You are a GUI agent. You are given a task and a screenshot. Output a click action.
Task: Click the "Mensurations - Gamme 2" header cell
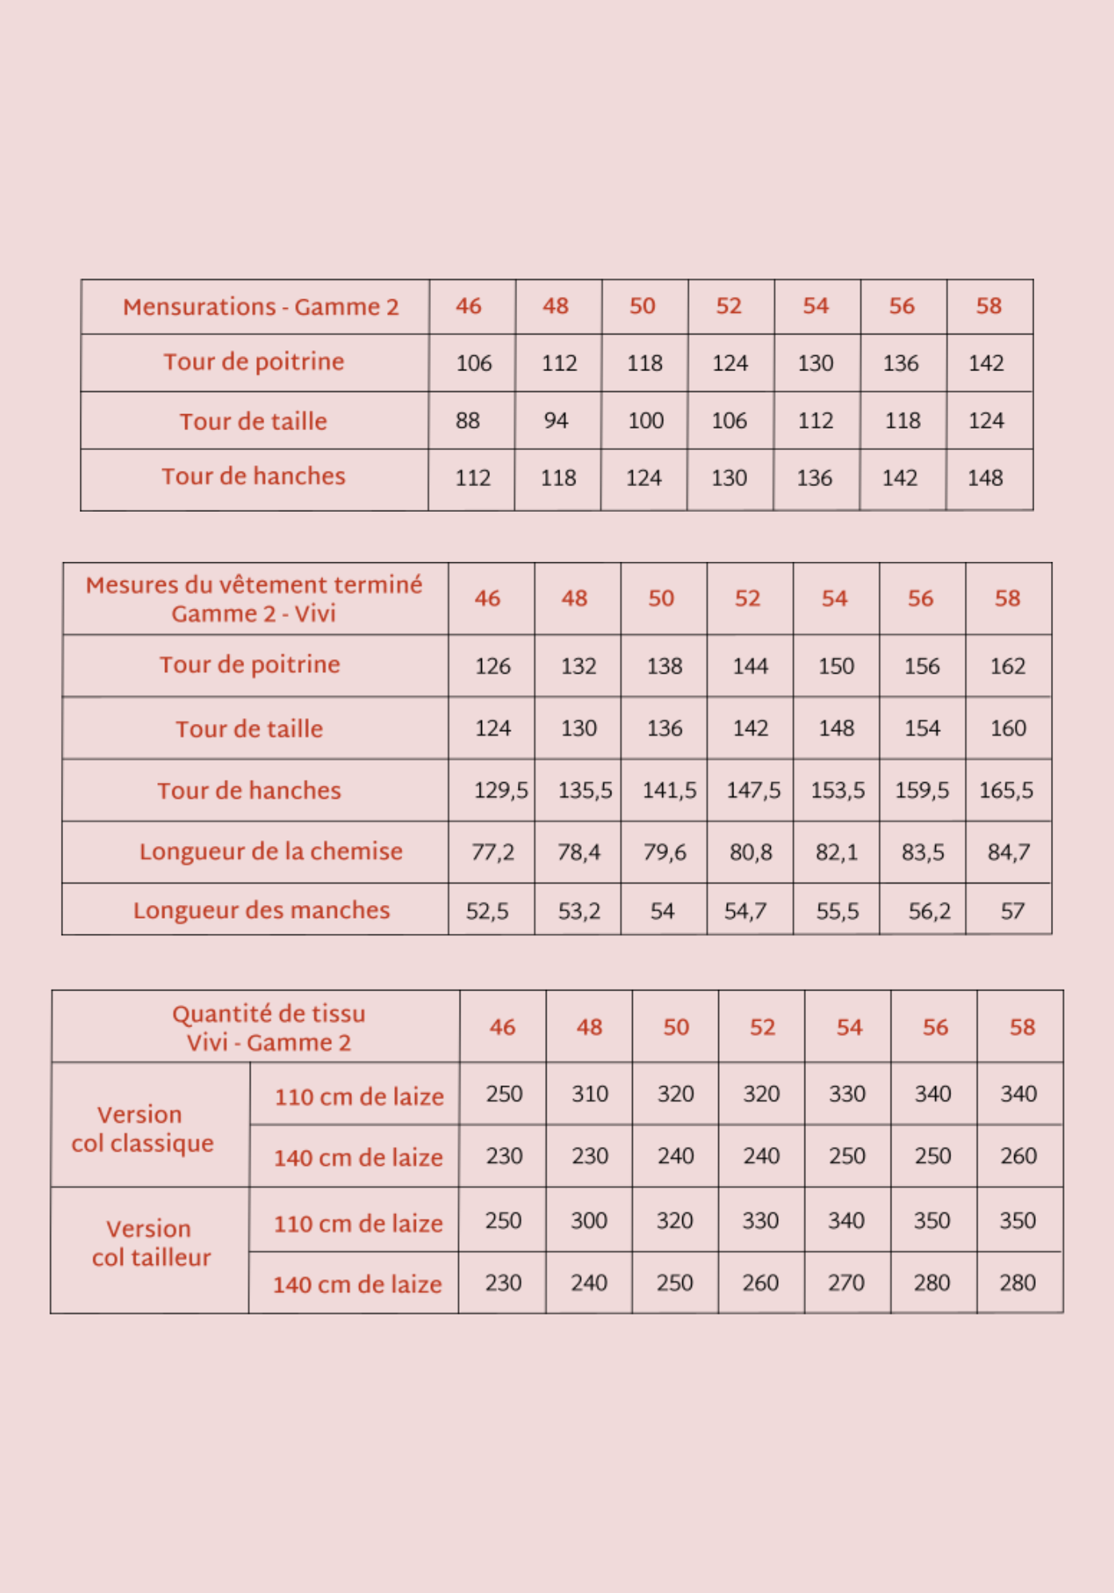pos(260,307)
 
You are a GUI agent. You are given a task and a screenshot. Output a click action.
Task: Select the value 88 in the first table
pos(468,421)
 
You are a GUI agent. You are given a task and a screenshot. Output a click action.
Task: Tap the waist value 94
pos(556,421)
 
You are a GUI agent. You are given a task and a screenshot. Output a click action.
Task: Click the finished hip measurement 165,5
pos(1006,791)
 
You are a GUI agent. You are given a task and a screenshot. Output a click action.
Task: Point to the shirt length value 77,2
pos(492,852)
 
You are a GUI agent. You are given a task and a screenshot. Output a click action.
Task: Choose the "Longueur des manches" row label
pos(261,911)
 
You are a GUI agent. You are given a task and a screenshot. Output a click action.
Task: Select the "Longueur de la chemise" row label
pos(271,852)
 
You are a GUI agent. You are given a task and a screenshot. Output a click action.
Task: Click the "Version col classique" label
pos(143,1129)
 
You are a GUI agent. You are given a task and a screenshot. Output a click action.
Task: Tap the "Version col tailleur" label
pos(150,1243)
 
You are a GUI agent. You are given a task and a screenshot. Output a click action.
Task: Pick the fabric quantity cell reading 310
pos(590,1093)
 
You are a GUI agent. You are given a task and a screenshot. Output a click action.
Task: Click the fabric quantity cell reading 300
pos(589,1220)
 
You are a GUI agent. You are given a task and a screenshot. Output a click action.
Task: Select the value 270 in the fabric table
pos(846,1283)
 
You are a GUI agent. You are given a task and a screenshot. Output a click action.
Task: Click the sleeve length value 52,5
pos(487,911)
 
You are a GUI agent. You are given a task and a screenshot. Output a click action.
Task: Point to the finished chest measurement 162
pos(1007,666)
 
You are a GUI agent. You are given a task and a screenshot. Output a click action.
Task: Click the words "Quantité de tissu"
pos(269,1014)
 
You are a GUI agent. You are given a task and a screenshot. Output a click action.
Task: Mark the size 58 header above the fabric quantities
pos(1022,1027)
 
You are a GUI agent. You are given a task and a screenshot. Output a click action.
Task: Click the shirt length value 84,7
pos(1008,852)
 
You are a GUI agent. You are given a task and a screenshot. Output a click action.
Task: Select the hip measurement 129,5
pos(500,791)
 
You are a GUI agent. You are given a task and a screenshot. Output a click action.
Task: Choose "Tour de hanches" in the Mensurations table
pos(254,476)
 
